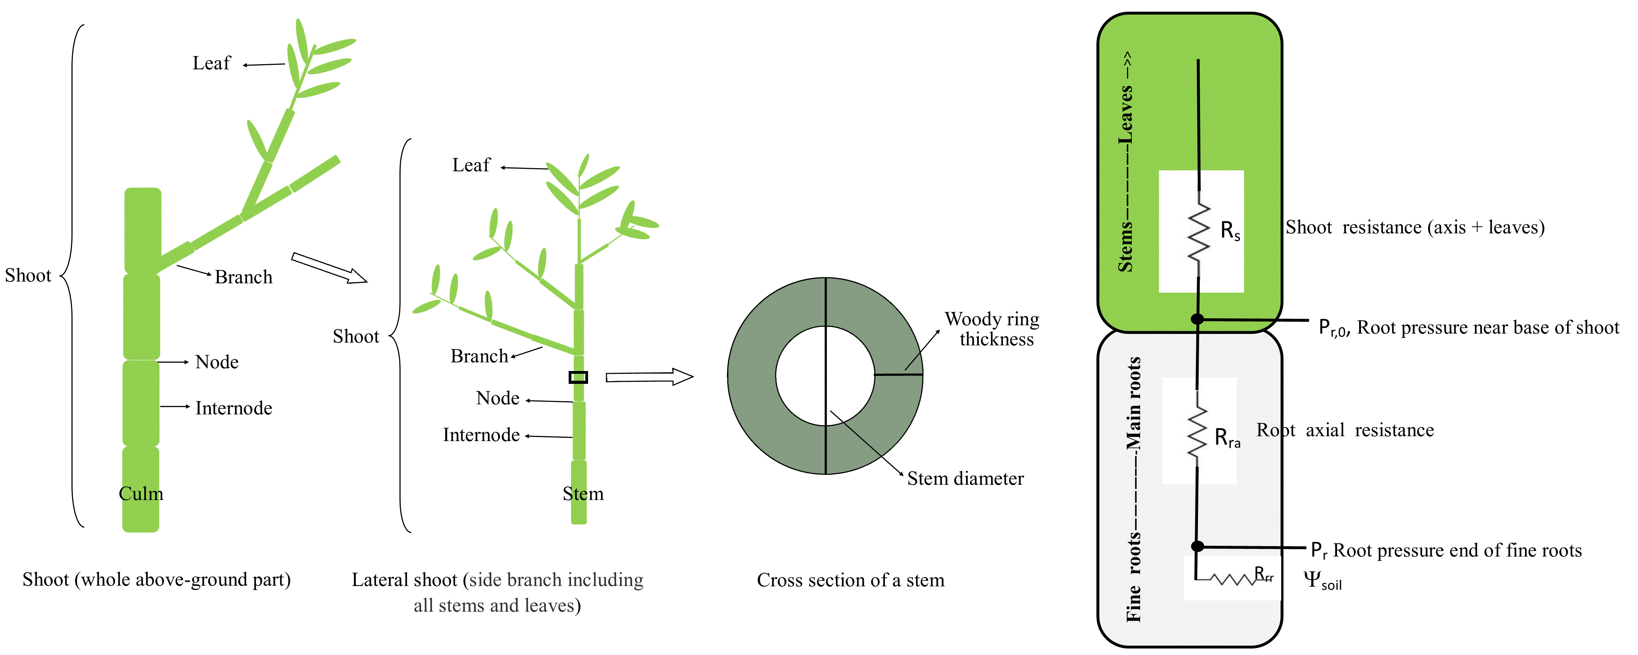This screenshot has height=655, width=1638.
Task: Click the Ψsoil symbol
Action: [1322, 580]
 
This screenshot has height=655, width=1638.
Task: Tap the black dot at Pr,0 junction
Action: [1197, 319]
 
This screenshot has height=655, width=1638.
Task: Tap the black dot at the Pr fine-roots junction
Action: [1197, 546]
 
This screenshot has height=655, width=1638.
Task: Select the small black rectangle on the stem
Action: [578, 377]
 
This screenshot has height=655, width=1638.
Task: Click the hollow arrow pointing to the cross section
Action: [649, 377]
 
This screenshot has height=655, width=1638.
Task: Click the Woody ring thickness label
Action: [992, 329]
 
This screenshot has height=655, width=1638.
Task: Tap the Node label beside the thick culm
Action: [217, 362]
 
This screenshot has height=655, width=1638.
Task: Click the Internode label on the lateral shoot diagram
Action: [481, 435]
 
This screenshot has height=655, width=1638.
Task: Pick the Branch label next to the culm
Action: [243, 277]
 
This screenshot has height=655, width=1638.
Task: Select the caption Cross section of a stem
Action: [850, 580]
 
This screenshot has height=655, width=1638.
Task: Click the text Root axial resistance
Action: [1345, 431]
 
